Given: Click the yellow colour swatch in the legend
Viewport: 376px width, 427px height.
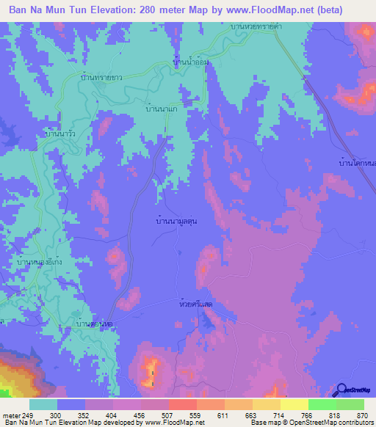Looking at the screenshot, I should pos(294,404).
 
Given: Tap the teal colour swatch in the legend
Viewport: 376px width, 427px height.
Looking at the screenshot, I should pos(43,404).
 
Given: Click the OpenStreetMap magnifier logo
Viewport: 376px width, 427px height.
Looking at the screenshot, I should pos(341,390).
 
